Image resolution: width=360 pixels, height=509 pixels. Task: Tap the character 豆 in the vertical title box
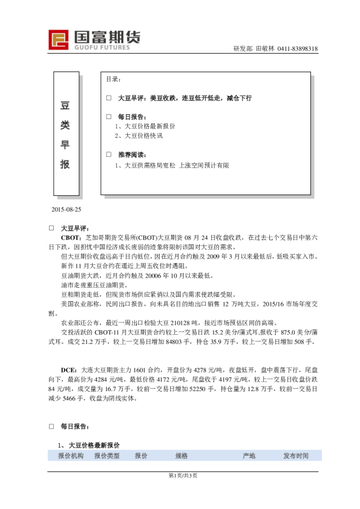[x=65, y=105]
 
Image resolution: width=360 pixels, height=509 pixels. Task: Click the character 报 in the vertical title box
[x=65, y=164]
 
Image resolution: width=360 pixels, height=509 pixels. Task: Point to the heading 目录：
[x=113, y=79]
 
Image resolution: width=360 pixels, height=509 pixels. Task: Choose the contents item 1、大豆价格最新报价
[x=145, y=126]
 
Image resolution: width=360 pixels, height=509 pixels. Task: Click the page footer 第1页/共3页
[x=180, y=476]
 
